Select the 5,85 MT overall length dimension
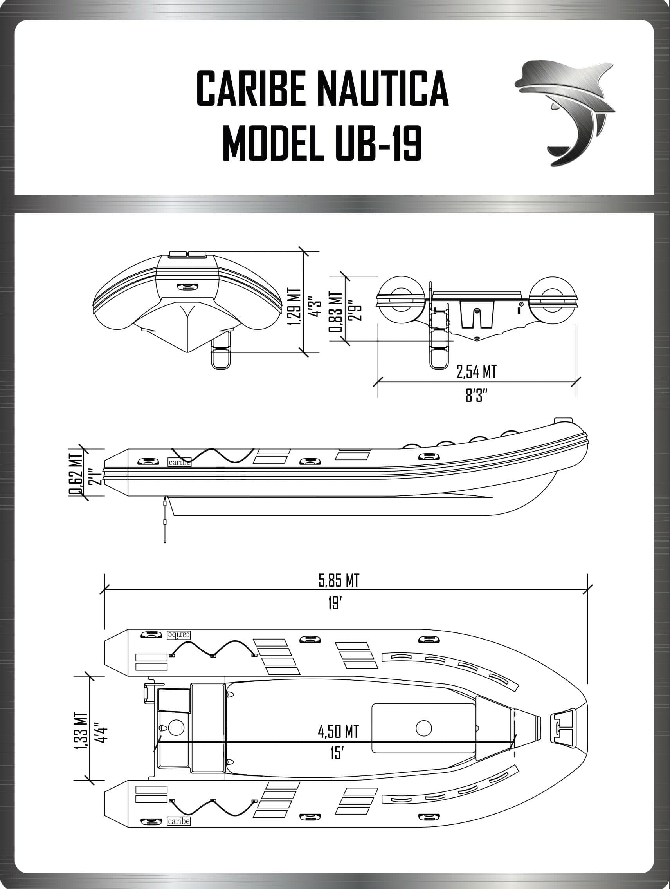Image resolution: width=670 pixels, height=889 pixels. (339, 580)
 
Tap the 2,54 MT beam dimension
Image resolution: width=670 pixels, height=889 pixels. (476, 372)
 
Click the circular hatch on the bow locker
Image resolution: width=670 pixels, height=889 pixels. (423, 727)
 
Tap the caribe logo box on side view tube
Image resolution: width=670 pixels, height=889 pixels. (179, 462)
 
